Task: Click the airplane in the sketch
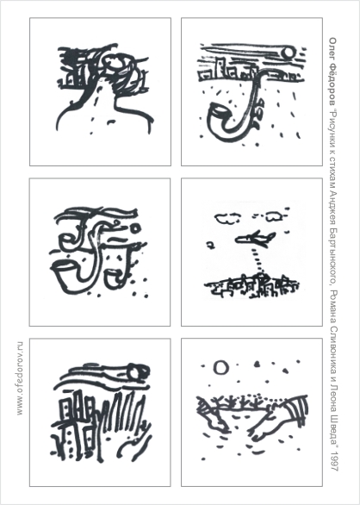[x=254, y=239]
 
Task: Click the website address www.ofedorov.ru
[x=20, y=378]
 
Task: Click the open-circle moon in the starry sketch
[x=220, y=367]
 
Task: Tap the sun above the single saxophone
[x=288, y=53]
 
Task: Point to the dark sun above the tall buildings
[x=136, y=371]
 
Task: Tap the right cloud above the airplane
[x=272, y=215]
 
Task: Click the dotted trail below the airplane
[x=258, y=260]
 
